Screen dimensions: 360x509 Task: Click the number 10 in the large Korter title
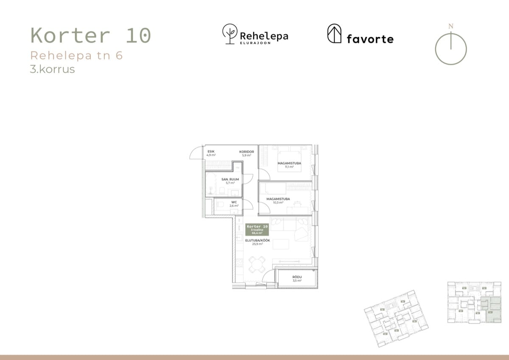pyautogui.click(x=138, y=36)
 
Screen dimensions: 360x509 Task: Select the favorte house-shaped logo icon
pyautogui.click(x=334, y=34)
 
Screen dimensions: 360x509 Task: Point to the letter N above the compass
pyautogui.click(x=450, y=26)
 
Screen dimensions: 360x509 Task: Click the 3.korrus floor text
pyautogui.click(x=52, y=69)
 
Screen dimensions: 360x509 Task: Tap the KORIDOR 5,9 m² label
pyautogui.click(x=246, y=153)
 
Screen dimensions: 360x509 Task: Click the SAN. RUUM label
pyautogui.click(x=230, y=181)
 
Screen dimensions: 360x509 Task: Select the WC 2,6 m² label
pyautogui.click(x=234, y=204)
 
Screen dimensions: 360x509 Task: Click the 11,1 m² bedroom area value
pyautogui.click(x=289, y=167)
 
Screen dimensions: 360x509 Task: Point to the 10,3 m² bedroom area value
pyautogui.click(x=278, y=202)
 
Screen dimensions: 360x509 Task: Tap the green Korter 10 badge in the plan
pyautogui.click(x=257, y=230)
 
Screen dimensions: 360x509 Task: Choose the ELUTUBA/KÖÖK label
pyautogui.click(x=257, y=242)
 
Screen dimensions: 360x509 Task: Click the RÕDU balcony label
pyautogui.click(x=297, y=278)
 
